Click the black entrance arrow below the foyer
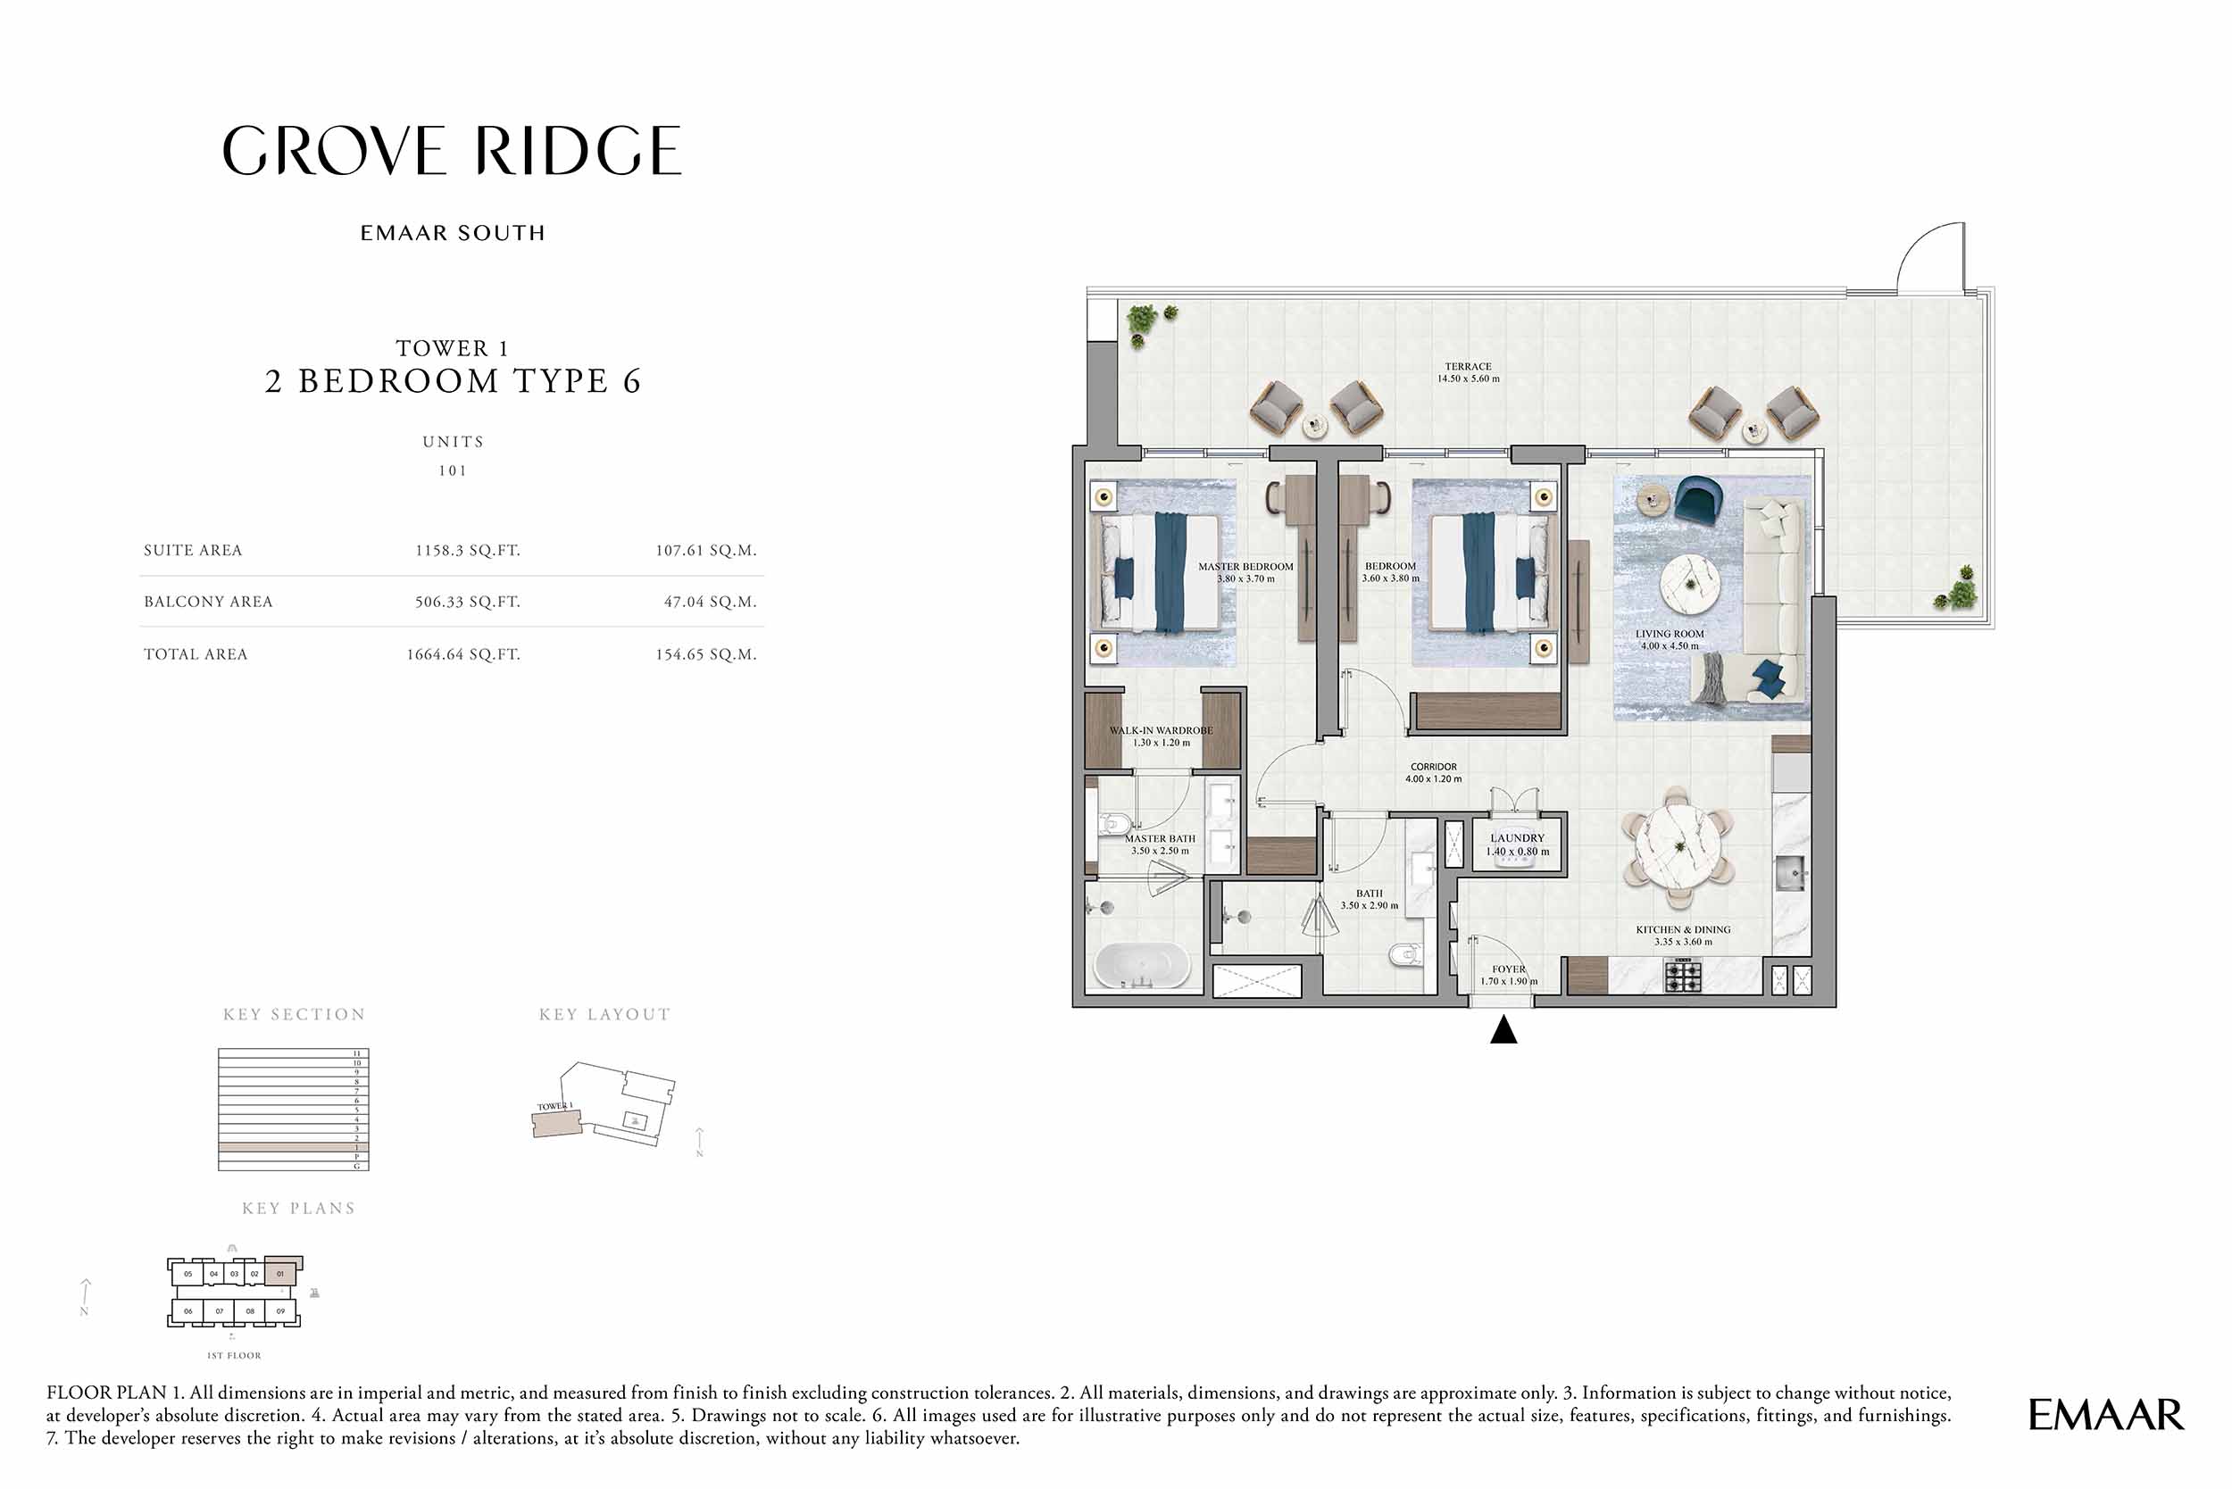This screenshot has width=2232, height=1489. pyautogui.click(x=1503, y=1030)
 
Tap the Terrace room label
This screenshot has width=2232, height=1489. pyautogui.click(x=1468, y=372)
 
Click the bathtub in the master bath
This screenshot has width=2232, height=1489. pyautogui.click(x=1142, y=967)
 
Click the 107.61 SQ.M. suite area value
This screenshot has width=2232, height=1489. pyautogui.click(x=704, y=551)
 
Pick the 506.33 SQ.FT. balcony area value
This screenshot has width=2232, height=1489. pyautogui.click(x=467, y=602)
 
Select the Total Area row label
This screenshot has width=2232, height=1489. pyautogui.click(x=196, y=654)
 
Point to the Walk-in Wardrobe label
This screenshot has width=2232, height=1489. pyautogui.click(x=1161, y=736)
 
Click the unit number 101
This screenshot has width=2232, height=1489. pyautogui.click(x=452, y=471)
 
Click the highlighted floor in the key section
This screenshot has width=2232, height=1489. pyautogui.click(x=293, y=1148)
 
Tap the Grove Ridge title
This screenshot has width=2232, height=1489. pyautogui.click(x=452, y=152)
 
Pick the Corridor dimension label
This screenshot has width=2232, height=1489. pyautogui.click(x=1433, y=773)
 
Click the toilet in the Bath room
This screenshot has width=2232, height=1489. pyautogui.click(x=1405, y=953)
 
